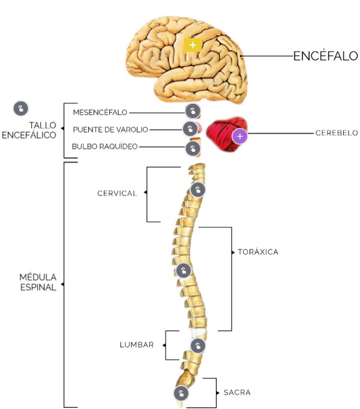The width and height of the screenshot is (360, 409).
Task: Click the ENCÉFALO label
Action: pyautogui.click(x=325, y=56)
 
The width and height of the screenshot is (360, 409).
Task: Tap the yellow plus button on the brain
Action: pyautogui.click(x=192, y=44)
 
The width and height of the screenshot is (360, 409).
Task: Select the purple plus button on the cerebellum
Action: pyautogui.click(x=240, y=136)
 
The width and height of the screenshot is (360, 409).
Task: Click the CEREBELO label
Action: pyautogui.click(x=337, y=133)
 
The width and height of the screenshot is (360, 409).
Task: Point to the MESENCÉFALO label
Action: pyautogui.click(x=100, y=112)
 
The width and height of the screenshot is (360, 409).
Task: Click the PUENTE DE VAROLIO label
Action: pyautogui.click(x=110, y=130)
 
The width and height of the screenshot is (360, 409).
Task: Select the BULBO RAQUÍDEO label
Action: pyautogui.click(x=105, y=146)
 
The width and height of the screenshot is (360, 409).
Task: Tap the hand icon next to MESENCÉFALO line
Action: pyautogui.click(x=193, y=111)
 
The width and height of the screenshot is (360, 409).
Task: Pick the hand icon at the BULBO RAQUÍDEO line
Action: pyautogui.click(x=192, y=148)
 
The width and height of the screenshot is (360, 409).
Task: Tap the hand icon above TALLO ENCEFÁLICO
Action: pyautogui.click(x=20, y=109)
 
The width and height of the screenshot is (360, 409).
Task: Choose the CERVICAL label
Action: pyautogui.click(x=118, y=193)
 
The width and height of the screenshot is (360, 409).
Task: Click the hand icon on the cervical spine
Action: pyautogui.click(x=197, y=190)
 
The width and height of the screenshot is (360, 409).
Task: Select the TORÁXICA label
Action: pyautogui.click(x=258, y=252)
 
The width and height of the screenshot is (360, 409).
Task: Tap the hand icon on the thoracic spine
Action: pyautogui.click(x=184, y=269)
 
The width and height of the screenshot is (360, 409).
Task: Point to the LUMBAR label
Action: pyautogui.click(x=137, y=345)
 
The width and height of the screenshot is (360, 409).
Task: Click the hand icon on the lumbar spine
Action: pyautogui.click(x=197, y=345)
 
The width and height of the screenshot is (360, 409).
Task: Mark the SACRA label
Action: pyautogui.click(x=237, y=393)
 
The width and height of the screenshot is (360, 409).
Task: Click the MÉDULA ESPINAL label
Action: pyautogui.click(x=38, y=282)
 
